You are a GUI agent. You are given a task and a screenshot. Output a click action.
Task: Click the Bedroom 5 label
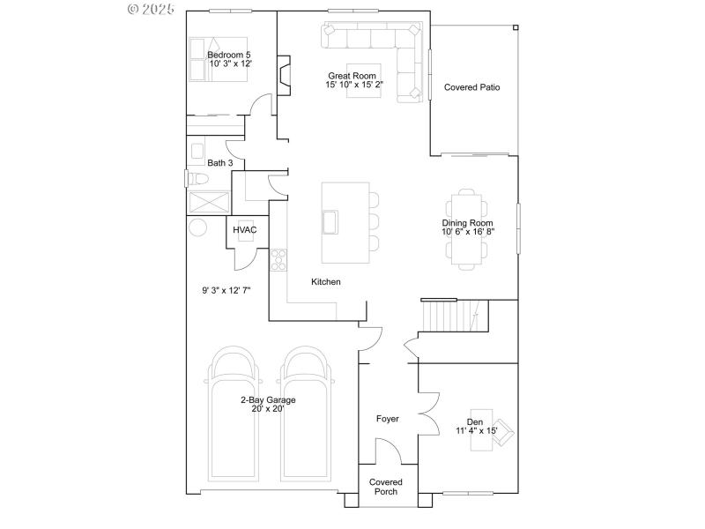(x=223, y=55)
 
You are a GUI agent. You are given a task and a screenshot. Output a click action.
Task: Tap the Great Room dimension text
(x=354, y=86)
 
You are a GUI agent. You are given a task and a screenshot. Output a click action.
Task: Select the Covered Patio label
(x=471, y=87)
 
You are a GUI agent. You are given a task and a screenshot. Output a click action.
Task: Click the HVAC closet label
(x=245, y=231)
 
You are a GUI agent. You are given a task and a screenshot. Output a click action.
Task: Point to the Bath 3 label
(x=220, y=163)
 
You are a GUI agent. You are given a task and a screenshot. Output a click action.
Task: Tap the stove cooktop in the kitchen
(x=279, y=259)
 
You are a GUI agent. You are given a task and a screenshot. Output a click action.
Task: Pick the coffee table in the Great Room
(x=365, y=81)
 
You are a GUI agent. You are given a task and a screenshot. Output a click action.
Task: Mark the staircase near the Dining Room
(x=449, y=315)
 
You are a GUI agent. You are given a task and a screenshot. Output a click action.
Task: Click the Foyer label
(x=388, y=419)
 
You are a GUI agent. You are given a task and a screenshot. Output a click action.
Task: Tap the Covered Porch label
(x=386, y=487)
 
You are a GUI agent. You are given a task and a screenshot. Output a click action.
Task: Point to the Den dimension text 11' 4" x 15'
(x=477, y=431)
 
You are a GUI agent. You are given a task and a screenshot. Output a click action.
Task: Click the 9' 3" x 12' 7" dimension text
(x=226, y=290)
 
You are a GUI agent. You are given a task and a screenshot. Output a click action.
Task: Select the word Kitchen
(x=326, y=282)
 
